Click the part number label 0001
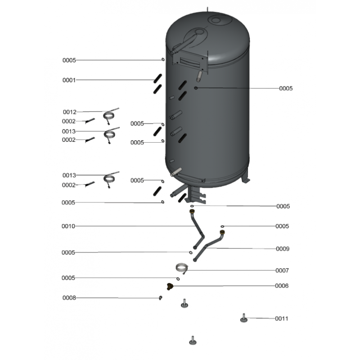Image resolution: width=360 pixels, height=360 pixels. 69,80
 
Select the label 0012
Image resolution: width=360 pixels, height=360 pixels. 70,112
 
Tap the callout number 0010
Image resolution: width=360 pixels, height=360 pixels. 68,226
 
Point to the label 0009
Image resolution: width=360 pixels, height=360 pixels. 283,249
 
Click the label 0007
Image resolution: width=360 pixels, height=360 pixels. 282,270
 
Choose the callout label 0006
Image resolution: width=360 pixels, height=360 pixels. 282,286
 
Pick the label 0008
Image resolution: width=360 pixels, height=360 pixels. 69,298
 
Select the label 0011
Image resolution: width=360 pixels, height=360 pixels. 282,319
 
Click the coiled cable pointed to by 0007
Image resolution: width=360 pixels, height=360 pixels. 181,267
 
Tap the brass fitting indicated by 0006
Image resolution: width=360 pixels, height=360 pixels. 170,286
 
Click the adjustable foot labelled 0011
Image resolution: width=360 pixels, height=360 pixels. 244,318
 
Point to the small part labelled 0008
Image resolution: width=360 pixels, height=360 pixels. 161,298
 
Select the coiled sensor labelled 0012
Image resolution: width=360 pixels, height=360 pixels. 110,114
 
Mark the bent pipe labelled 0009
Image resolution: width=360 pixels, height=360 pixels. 209,245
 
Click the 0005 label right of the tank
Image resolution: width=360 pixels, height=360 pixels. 286,89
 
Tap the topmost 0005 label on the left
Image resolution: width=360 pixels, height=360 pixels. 69,60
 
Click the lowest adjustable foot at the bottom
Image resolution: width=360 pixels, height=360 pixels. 193,341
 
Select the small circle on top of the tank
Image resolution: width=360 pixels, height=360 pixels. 216,20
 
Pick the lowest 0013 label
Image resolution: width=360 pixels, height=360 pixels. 69,175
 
